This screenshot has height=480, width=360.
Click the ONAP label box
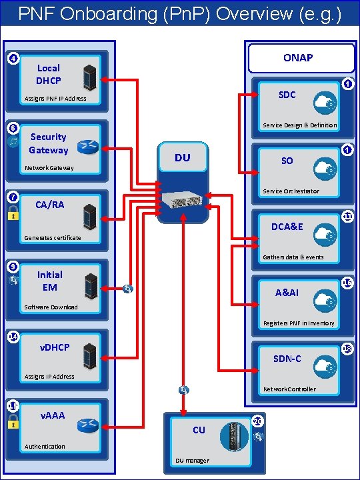coord(297,58)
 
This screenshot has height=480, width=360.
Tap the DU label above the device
coord(182,157)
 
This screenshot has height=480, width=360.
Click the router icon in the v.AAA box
coord(87,425)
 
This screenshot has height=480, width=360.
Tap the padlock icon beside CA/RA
coord(13,213)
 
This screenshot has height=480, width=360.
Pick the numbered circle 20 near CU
coord(258,421)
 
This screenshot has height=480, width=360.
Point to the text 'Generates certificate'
coord(52,238)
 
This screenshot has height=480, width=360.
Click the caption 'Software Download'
coord(51,307)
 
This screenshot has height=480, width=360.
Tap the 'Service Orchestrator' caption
coord(291,191)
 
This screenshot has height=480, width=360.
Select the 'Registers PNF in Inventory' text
coord(298,323)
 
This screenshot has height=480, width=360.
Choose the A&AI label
coord(287,292)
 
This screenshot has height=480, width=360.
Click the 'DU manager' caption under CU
coord(192,461)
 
